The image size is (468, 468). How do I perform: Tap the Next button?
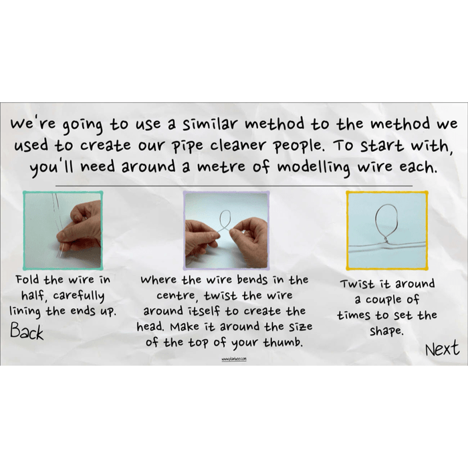click(442, 348)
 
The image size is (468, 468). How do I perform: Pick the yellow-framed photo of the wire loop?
click(386, 230)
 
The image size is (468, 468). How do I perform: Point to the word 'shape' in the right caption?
click(386, 331)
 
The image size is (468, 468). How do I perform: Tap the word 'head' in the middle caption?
click(156, 328)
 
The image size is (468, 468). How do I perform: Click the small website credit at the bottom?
click(235, 359)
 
